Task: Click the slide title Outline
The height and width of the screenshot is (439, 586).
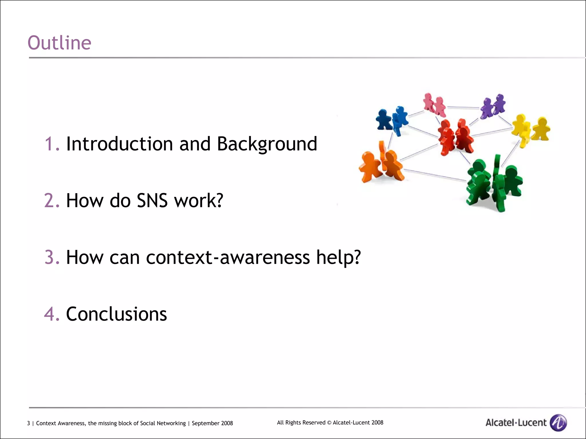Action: coord(59,43)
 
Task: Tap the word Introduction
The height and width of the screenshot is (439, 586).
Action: coord(119,144)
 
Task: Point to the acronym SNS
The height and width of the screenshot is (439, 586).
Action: coord(152,201)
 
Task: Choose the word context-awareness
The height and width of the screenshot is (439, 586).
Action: coord(228,257)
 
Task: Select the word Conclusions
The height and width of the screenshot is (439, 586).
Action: coord(116,314)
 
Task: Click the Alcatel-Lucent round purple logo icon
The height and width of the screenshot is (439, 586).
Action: coord(558,422)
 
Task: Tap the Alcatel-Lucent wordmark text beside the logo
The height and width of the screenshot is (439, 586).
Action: coord(516,423)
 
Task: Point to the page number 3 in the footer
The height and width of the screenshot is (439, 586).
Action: coord(28,423)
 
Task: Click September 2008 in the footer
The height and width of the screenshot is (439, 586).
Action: coord(212,423)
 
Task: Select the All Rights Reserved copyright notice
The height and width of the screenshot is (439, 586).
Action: coord(330,422)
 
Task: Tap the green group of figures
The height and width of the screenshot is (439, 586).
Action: coord(494,183)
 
